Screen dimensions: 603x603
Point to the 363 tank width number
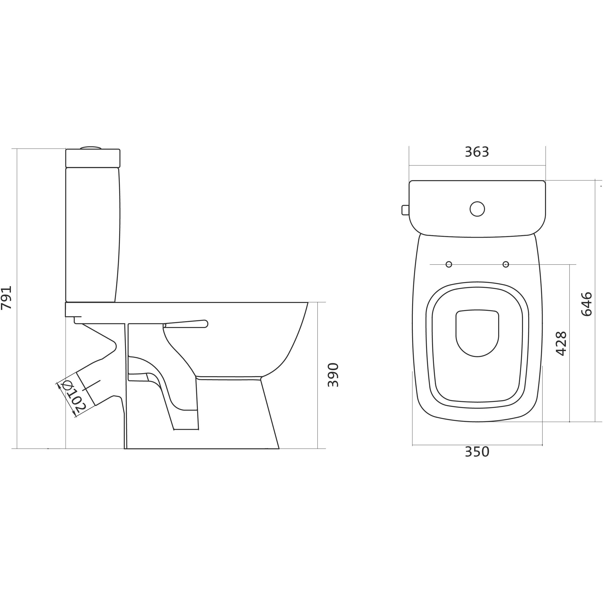point(477,152)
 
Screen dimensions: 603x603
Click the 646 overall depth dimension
point(587,304)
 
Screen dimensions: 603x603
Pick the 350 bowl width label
point(477,452)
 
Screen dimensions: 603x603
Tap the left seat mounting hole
point(449,264)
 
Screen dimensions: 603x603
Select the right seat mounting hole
point(506,264)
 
